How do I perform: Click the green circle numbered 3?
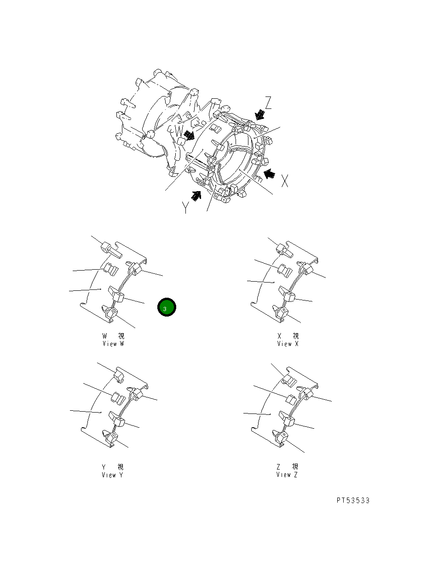(166, 307)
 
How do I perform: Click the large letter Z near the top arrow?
(268, 103)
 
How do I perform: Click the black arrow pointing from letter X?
(270, 174)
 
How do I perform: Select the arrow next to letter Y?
(197, 196)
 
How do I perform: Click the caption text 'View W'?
(113, 344)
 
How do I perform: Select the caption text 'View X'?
(288, 344)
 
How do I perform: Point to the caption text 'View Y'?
(113, 475)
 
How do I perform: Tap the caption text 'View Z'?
(287, 475)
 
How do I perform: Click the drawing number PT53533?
(353, 500)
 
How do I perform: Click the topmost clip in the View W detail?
(109, 248)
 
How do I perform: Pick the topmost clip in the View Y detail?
(119, 376)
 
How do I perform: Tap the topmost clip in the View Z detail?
(289, 379)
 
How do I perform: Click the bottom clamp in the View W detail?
(111, 312)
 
